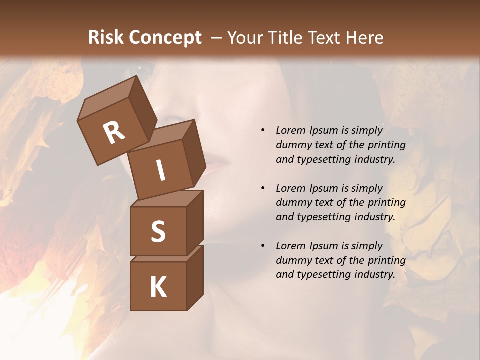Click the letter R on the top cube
[114, 133]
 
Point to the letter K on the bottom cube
[158, 287]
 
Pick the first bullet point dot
[263, 130]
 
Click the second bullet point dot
[263, 188]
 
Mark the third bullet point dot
[263, 246]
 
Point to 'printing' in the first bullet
[386, 145]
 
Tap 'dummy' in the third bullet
[293, 260]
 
